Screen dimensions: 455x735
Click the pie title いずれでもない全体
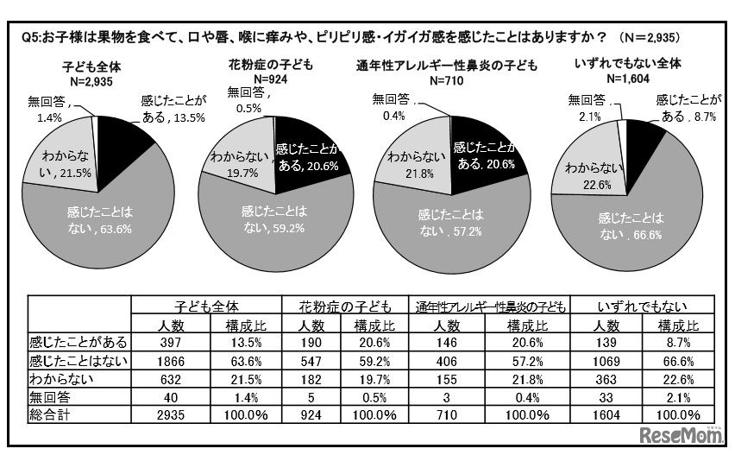pos(615,63)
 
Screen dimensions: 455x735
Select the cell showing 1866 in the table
pos(167,360)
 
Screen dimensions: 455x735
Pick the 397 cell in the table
pos(167,343)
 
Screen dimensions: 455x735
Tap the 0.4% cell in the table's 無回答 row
pos(528,396)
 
